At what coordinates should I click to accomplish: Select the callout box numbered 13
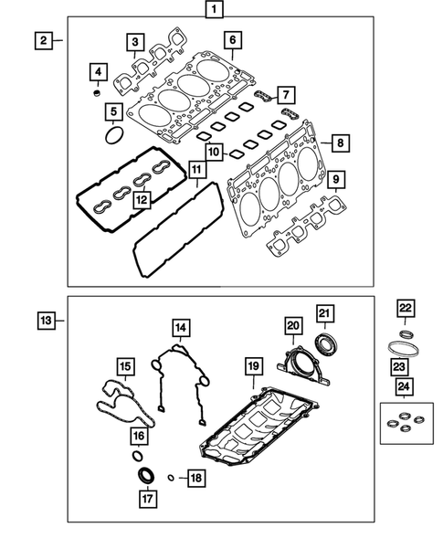pyautogui.click(x=46, y=321)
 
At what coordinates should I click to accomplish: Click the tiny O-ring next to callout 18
pyautogui.click(x=170, y=477)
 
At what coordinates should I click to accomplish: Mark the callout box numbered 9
pyautogui.click(x=337, y=178)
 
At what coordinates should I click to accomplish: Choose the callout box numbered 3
pyautogui.click(x=134, y=41)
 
